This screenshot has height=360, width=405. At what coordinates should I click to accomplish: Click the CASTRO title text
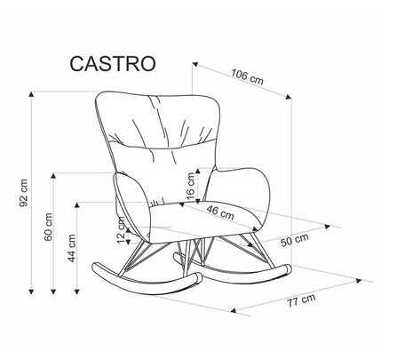(113, 64)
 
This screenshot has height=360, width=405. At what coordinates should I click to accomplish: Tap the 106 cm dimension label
(247, 76)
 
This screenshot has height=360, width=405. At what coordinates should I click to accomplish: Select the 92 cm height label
(24, 193)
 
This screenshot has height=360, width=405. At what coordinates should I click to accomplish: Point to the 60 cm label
(48, 227)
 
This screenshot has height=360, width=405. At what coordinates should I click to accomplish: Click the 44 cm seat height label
(72, 248)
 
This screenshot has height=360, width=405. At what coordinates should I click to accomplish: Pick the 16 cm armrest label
(191, 186)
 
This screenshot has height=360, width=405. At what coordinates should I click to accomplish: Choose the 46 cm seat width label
(220, 212)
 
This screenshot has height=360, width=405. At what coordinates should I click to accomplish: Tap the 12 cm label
(122, 230)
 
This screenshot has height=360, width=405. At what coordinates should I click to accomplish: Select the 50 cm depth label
(295, 239)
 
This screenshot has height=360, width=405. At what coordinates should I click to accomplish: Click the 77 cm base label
(301, 300)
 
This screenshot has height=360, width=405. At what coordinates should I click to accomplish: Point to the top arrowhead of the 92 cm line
(31, 94)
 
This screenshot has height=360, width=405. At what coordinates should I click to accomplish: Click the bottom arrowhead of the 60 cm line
(53, 292)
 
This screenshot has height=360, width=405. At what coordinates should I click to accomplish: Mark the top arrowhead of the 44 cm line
(77, 205)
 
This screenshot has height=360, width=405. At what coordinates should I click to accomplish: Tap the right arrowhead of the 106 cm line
(289, 97)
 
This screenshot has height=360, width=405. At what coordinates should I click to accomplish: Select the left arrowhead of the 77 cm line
(234, 310)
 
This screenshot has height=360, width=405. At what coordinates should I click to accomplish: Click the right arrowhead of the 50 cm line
(327, 227)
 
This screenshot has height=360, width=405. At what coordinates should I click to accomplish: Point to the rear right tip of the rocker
(288, 269)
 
